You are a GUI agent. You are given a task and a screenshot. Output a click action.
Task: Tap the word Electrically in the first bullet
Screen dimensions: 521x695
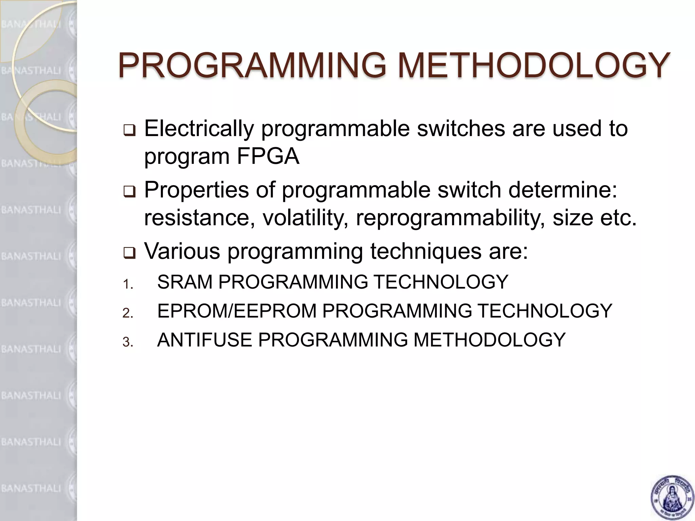pos(199,129)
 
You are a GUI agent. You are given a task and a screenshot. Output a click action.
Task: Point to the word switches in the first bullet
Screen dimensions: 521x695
pos(461,129)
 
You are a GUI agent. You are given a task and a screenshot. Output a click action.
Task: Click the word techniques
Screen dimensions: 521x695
pos(425,252)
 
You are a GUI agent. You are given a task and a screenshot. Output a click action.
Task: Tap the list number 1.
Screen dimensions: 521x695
pos(127,284)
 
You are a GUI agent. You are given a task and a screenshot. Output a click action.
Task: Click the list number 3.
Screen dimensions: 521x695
pos(127,342)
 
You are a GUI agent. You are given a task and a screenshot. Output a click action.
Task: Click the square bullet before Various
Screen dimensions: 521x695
pos(129,253)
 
